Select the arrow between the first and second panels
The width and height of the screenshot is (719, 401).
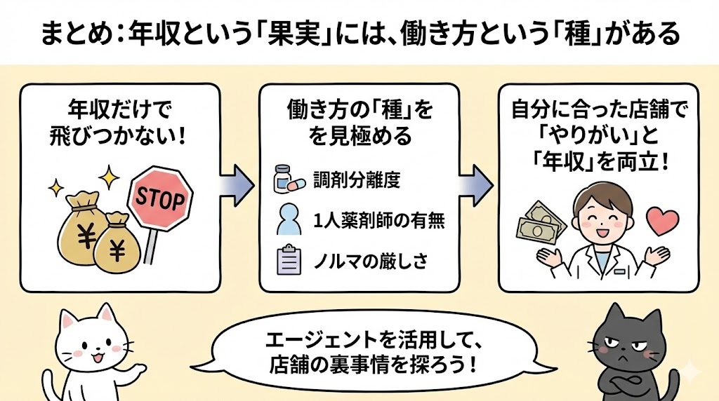(237, 184)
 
